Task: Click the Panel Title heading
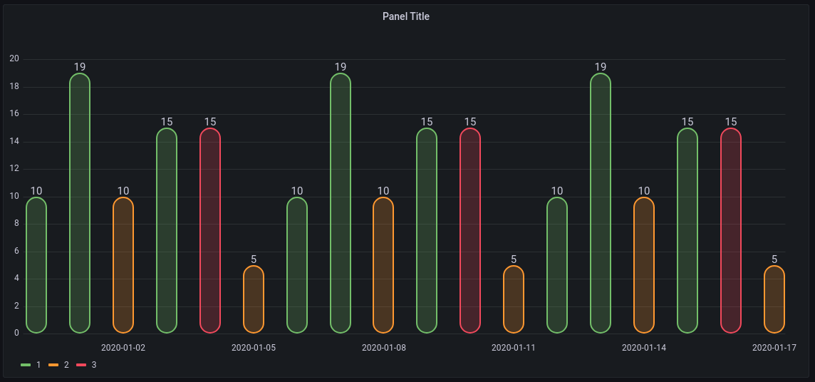[x=406, y=16]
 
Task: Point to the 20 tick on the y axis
[x=14, y=59]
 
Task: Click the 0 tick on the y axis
[x=16, y=334]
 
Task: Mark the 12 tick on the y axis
[x=14, y=169]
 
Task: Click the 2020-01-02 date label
[x=123, y=348]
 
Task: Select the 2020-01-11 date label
[x=514, y=348]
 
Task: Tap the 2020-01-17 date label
[x=774, y=348]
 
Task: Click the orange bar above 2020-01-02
[x=123, y=265]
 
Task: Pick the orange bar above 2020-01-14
[x=644, y=265]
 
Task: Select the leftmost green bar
[x=36, y=265]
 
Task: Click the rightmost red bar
[x=731, y=230]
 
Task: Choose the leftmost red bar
[x=210, y=230]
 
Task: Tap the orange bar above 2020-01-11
[x=514, y=299]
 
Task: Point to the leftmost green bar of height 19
[x=80, y=203]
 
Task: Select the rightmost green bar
[x=687, y=230]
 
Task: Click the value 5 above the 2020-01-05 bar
[x=254, y=259]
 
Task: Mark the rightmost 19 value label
[x=601, y=67]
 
